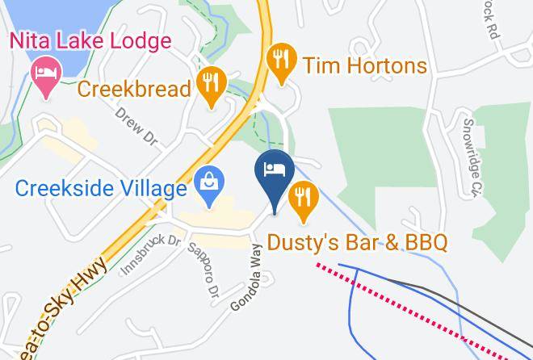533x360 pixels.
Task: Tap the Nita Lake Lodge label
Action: point(90,40)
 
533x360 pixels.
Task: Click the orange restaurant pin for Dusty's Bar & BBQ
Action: point(303,201)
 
